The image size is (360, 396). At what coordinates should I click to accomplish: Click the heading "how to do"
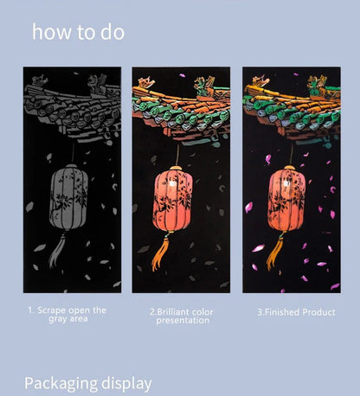pyautogui.click(x=78, y=33)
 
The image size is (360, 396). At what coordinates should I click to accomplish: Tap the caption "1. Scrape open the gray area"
pyautogui.click(x=67, y=314)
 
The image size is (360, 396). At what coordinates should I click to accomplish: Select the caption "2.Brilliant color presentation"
pyautogui.click(x=182, y=316)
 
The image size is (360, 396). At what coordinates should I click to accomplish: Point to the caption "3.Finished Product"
pyautogui.click(x=295, y=311)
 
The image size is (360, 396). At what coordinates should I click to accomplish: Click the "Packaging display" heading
pyautogui.click(x=87, y=382)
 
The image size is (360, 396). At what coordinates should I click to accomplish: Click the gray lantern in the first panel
pyautogui.click(x=69, y=198)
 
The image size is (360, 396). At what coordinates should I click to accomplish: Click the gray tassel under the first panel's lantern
pyautogui.click(x=57, y=251)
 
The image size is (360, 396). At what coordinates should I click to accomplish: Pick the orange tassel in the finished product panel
pyautogui.click(x=274, y=252)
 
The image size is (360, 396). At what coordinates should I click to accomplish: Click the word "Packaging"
pyautogui.click(x=63, y=382)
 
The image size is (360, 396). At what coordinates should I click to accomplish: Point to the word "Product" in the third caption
pyautogui.click(x=318, y=311)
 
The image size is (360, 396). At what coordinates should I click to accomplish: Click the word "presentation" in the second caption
pyautogui.click(x=182, y=321)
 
